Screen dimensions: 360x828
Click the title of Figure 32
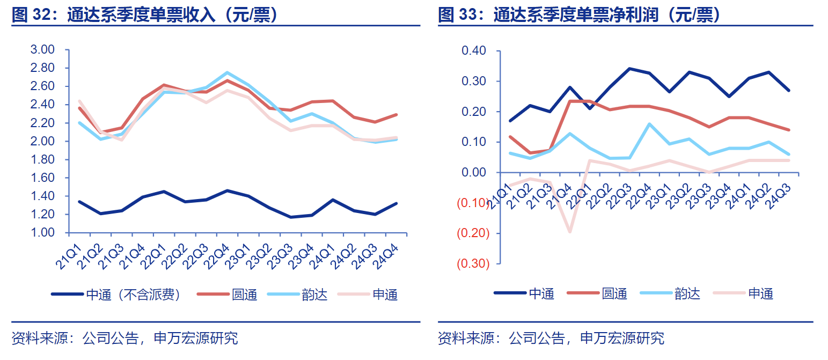tap(145, 15)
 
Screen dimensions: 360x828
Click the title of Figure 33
tap(579, 15)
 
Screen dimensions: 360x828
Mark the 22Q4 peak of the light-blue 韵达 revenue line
tap(227, 72)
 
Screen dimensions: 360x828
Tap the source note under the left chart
tap(124, 338)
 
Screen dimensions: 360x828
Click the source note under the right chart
tap(551, 338)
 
